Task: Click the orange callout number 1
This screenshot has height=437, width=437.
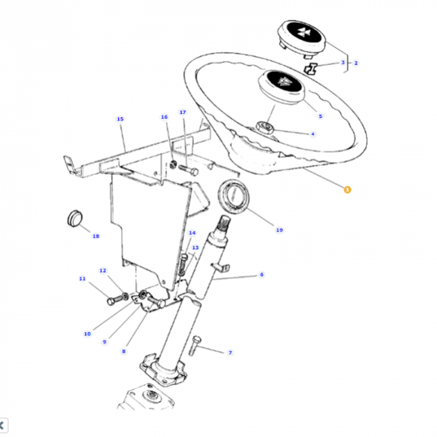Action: (347, 190)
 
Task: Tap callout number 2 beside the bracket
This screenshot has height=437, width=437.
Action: (356, 63)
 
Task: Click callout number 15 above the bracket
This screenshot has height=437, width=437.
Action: (120, 119)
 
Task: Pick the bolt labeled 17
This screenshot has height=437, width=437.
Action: (189, 168)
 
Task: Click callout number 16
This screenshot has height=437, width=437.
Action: (163, 117)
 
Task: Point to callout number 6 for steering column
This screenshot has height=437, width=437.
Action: (262, 274)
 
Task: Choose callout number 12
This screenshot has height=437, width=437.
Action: (103, 270)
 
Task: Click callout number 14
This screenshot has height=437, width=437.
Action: (192, 233)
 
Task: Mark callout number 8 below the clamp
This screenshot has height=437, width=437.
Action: (123, 351)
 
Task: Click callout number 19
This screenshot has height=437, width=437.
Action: (279, 230)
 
